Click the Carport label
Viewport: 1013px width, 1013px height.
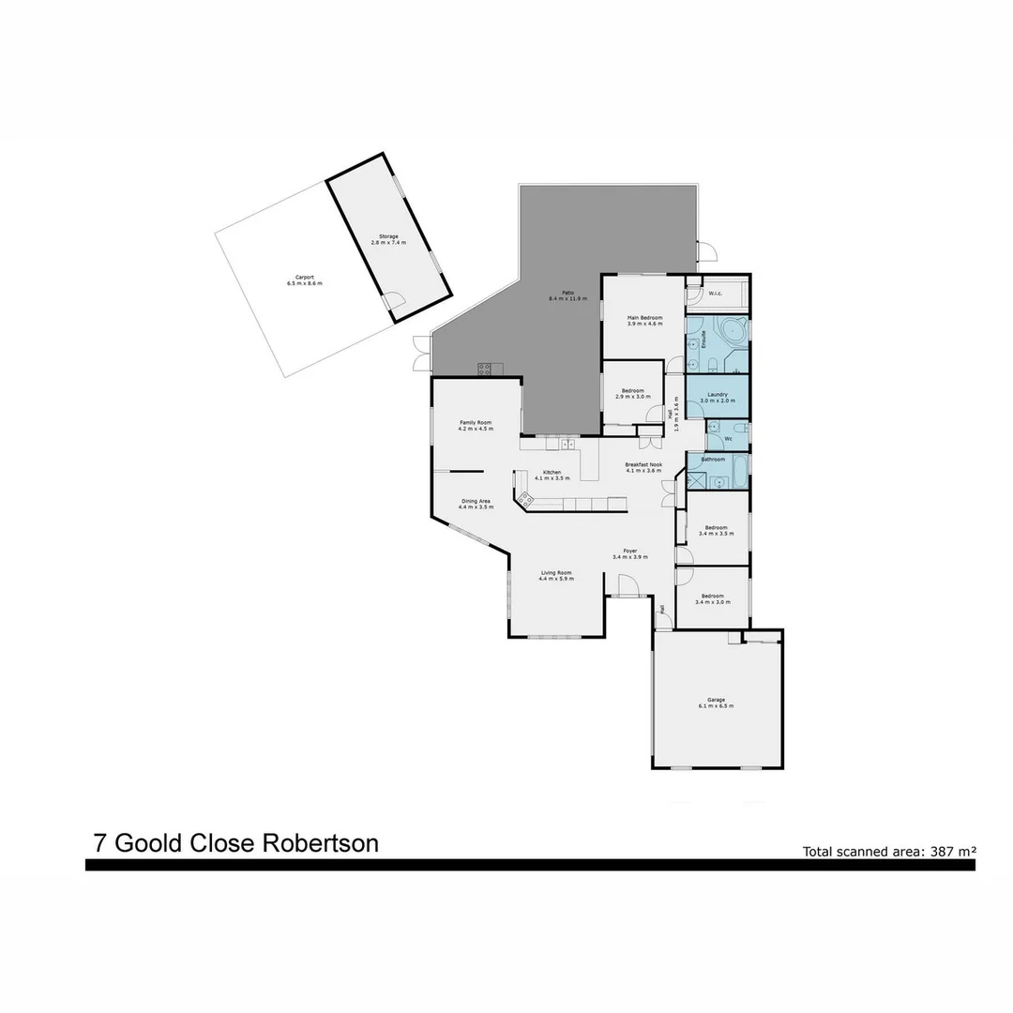click(304, 278)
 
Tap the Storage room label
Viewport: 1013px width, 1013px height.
click(388, 236)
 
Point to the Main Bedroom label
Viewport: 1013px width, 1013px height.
click(644, 319)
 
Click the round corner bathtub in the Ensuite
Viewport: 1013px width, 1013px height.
click(733, 331)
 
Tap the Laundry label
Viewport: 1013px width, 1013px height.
click(718, 395)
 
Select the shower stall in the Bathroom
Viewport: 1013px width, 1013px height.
click(696, 480)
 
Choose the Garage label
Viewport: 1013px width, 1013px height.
click(717, 700)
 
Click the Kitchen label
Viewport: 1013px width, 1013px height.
click(552, 472)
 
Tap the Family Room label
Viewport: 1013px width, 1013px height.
click(476, 423)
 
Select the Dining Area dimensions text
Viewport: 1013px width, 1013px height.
click(476, 506)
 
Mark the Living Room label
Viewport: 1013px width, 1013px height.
click(555, 573)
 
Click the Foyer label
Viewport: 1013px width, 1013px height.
click(630, 552)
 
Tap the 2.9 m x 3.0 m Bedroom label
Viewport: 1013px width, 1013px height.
click(632, 393)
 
